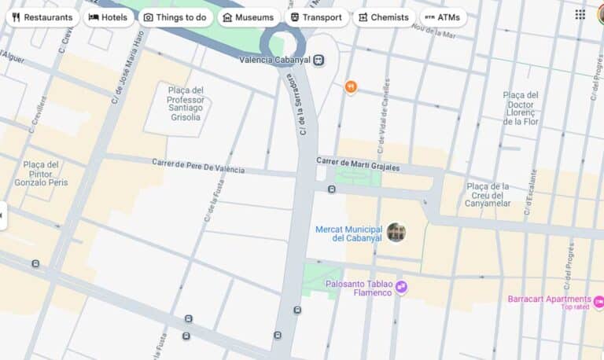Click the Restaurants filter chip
click(x=42, y=17)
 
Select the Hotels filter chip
click(x=109, y=17)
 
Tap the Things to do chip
click(x=175, y=17)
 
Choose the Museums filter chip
click(x=249, y=17)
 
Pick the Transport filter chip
click(x=316, y=17)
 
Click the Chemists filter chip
click(x=384, y=17)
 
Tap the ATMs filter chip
click(x=442, y=17)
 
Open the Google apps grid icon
click(x=580, y=14)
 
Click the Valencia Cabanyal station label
click(x=274, y=60)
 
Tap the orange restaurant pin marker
click(x=351, y=86)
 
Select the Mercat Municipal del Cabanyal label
click(x=348, y=233)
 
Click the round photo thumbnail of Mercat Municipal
click(x=396, y=232)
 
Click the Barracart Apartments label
click(x=549, y=299)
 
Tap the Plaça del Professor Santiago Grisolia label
click(x=186, y=104)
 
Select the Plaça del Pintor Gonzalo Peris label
click(x=41, y=174)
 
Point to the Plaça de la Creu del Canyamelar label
click(x=488, y=195)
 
